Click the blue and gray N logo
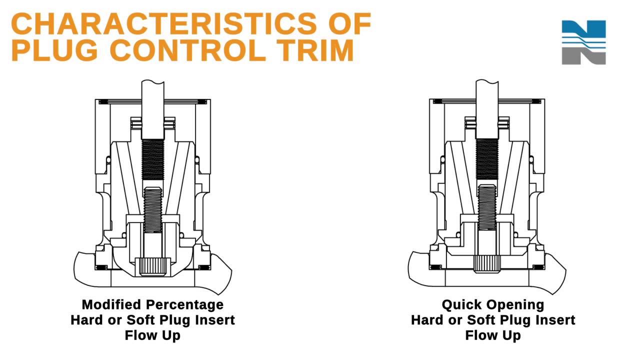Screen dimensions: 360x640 [583, 42]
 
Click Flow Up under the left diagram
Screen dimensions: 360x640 [152, 335]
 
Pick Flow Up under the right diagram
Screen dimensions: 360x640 [493, 335]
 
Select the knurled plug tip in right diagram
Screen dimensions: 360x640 [487, 263]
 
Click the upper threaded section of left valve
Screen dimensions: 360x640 [153, 160]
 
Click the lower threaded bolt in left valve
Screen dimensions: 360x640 [153, 210]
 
